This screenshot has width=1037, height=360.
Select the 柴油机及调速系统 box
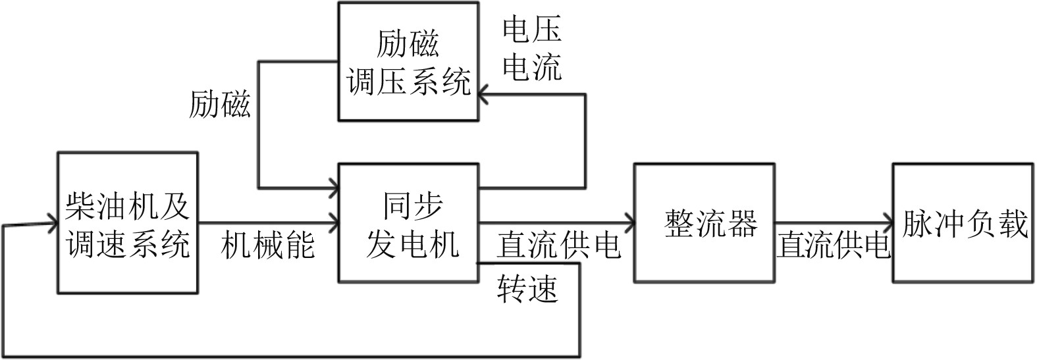coord(128,223)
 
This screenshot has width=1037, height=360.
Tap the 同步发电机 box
coord(408,223)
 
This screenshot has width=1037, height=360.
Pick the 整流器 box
coord(704,223)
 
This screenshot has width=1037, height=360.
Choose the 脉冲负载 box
coord(962,223)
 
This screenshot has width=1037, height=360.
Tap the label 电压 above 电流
coord(531,30)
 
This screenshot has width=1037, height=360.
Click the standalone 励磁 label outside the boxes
coord(220,104)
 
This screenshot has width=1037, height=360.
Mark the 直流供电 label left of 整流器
coord(558,245)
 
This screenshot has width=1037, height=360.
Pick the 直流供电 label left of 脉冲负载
coord(833,245)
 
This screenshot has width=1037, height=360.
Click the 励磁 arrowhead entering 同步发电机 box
coord(332,187)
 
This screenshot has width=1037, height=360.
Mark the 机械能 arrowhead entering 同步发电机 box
coord(332,222)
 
